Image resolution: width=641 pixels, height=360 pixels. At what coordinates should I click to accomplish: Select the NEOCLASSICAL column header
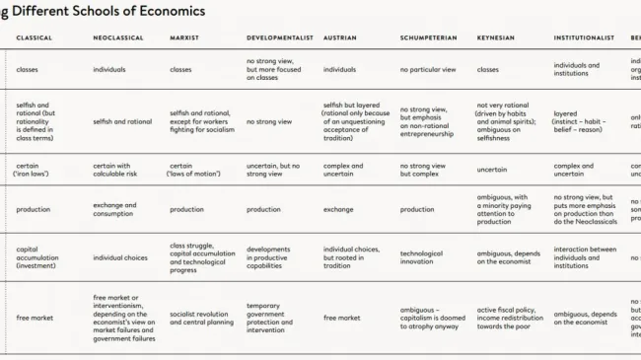click(118, 37)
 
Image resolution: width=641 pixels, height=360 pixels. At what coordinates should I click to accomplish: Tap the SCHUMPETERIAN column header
click(429, 37)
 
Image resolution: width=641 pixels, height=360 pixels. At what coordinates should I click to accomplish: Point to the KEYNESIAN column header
click(495, 37)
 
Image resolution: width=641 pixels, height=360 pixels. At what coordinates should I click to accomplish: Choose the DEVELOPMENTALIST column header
click(280, 37)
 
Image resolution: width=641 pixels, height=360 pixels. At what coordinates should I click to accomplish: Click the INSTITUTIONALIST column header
click(587, 37)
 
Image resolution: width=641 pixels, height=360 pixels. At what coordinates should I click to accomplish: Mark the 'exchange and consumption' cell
click(114, 209)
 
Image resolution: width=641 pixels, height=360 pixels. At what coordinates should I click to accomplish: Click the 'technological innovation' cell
click(421, 257)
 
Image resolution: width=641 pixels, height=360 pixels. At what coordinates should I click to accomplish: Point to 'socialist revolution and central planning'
click(203, 318)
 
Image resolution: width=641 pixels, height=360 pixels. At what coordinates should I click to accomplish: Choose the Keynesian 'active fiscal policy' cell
click(509, 318)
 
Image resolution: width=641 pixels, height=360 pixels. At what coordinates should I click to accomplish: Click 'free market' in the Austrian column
click(341, 318)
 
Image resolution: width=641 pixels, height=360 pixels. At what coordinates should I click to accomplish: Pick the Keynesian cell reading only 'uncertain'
click(492, 170)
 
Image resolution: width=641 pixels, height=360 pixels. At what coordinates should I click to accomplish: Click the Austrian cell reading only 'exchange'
click(339, 209)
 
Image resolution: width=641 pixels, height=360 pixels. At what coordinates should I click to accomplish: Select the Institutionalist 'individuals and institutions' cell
click(576, 70)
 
